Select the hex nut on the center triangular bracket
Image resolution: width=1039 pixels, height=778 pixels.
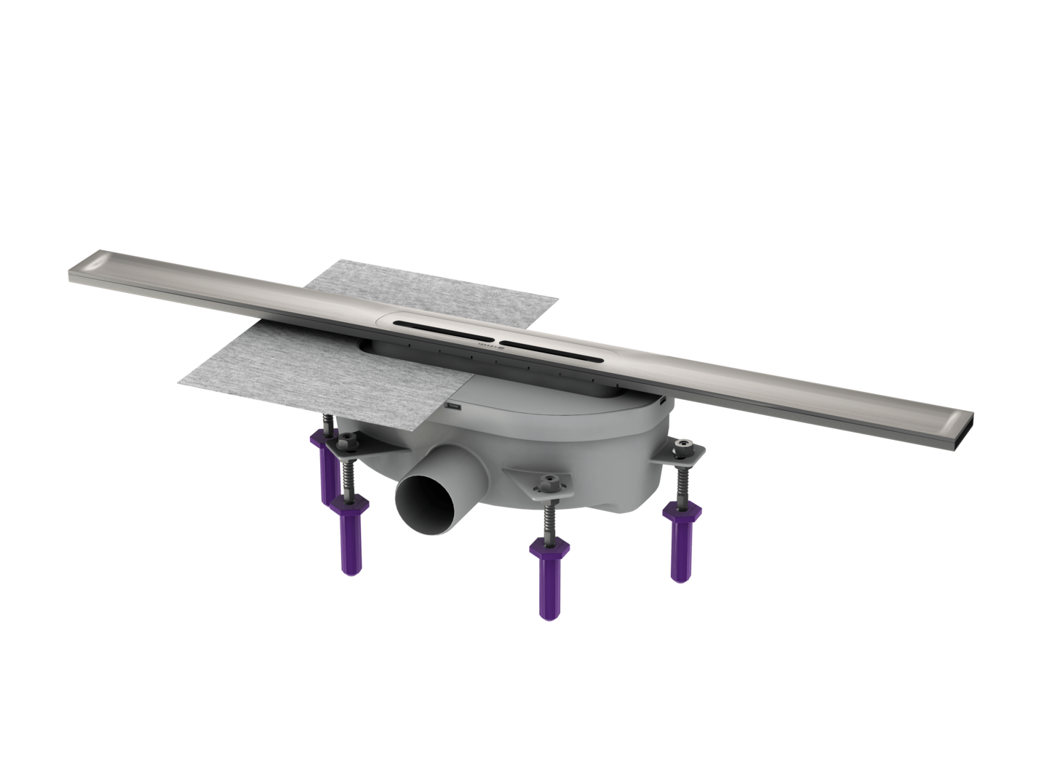(x=549, y=482)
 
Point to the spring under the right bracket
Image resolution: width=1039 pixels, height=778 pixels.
(x=681, y=484)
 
